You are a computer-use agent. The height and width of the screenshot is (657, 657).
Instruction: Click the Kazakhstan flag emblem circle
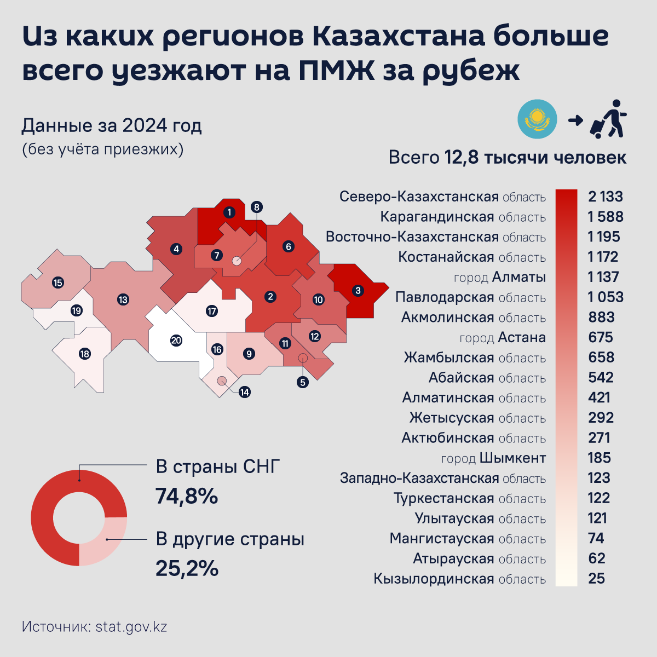point(537,119)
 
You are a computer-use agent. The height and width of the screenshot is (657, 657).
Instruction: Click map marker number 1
point(229,212)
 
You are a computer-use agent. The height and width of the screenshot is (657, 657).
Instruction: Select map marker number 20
point(176,341)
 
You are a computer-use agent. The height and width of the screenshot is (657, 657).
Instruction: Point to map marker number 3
point(358,290)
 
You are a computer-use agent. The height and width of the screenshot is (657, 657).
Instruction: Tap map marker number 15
point(57,283)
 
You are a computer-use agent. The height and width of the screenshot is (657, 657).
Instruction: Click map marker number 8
point(256,207)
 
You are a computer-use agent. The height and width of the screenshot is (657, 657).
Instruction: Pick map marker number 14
point(244,392)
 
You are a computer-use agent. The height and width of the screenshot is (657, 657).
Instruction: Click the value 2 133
point(605,197)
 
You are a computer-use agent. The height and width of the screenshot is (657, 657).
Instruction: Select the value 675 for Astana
point(600,337)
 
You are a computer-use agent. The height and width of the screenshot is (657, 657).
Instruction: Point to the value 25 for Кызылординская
point(596,579)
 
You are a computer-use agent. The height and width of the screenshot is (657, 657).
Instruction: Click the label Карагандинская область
point(463,217)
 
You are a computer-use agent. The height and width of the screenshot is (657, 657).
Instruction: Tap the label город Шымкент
point(493,458)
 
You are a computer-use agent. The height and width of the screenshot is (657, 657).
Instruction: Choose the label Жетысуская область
point(477,418)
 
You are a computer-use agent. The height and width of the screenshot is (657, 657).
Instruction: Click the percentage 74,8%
point(187,496)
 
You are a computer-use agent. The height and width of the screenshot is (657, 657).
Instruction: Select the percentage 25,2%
point(187,568)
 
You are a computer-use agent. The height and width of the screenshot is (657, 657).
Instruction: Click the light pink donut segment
point(104,541)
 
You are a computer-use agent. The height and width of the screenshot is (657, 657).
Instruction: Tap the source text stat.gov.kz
point(131,626)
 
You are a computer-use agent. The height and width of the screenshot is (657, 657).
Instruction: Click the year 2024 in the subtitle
point(145,125)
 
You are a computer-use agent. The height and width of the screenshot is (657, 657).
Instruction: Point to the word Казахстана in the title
point(399,37)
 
